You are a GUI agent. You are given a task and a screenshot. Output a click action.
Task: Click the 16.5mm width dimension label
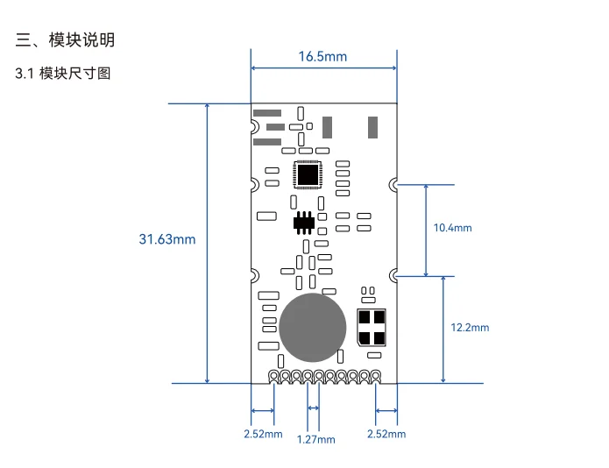click(x=322, y=57)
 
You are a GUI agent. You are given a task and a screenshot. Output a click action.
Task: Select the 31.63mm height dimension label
click(x=167, y=239)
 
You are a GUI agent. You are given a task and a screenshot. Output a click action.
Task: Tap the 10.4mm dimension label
click(x=452, y=228)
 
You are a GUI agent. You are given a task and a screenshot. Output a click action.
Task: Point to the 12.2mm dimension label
click(x=470, y=327)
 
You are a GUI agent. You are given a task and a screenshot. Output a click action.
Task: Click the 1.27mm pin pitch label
click(x=315, y=439)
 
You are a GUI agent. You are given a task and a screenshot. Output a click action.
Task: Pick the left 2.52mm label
click(x=263, y=433)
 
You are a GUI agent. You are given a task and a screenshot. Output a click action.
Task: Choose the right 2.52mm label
click(x=386, y=433)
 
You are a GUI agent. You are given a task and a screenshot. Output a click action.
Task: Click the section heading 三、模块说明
click(x=66, y=40)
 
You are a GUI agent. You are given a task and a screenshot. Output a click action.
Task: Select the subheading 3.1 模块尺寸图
click(x=63, y=74)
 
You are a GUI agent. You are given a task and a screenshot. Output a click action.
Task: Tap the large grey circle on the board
click(x=313, y=329)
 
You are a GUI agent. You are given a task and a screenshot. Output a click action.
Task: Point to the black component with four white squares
click(x=372, y=327)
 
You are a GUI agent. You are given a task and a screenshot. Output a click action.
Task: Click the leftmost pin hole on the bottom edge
click(x=274, y=377)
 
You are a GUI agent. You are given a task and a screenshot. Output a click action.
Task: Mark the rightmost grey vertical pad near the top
click(x=374, y=126)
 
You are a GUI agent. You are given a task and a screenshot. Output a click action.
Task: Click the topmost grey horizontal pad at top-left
click(x=266, y=113)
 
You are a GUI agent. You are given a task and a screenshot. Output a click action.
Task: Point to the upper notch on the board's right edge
click(x=395, y=184)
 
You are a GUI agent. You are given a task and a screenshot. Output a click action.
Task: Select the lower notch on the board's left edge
click(x=253, y=275)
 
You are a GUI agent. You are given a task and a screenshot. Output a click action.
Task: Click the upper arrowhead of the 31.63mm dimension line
click(x=208, y=107)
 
